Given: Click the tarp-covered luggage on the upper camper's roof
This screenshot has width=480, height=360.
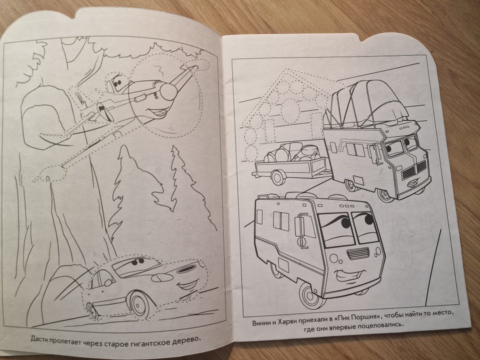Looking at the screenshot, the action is pos(367,102).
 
